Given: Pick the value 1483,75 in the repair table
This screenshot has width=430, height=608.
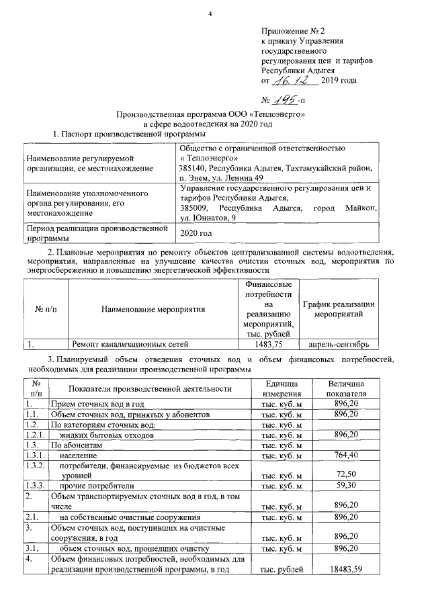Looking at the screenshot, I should pyautogui.click(x=269, y=344).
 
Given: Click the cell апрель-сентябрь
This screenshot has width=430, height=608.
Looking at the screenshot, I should pyautogui.click(x=339, y=344).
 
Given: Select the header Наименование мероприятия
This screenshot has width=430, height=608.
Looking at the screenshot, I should pyautogui.click(x=153, y=309).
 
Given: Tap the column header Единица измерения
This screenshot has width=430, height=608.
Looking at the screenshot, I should pyautogui.click(x=281, y=387).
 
